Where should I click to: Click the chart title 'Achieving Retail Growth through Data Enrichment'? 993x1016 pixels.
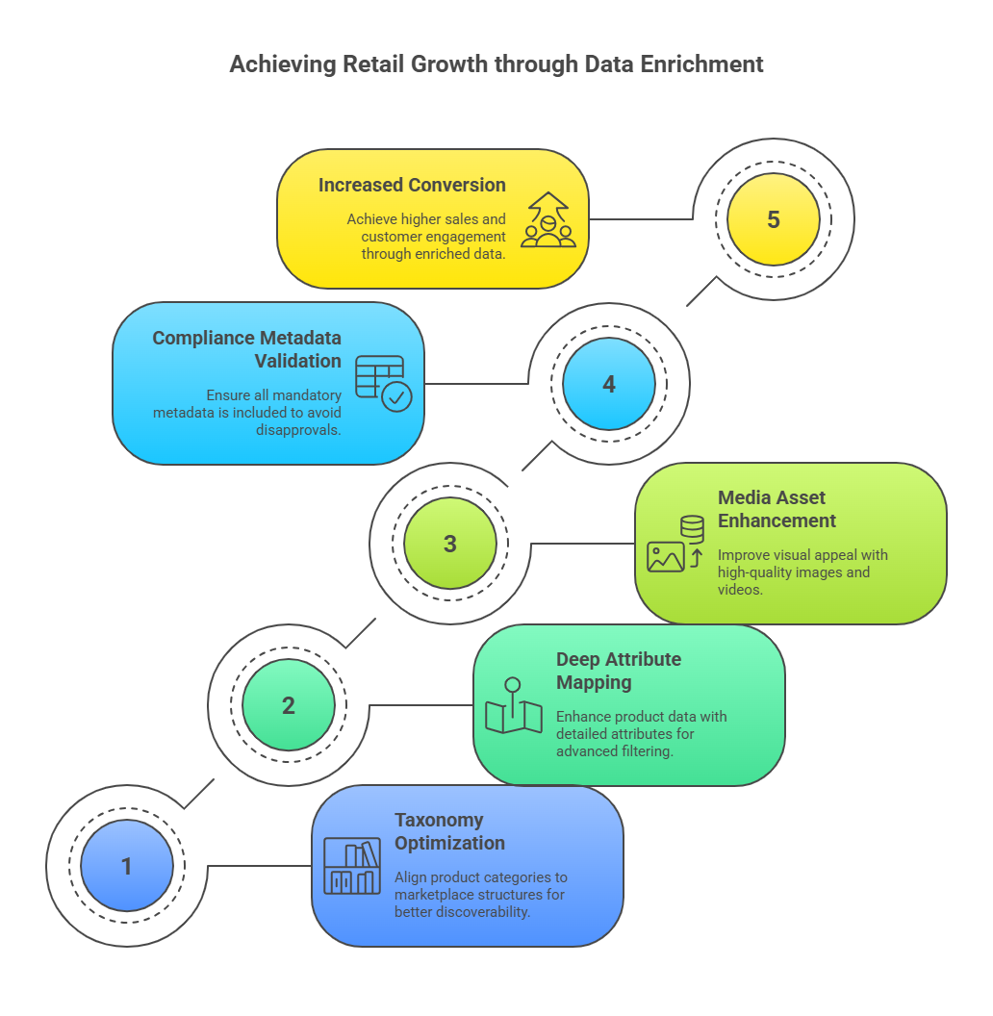click(496, 64)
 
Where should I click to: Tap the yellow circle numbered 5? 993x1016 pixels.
click(774, 219)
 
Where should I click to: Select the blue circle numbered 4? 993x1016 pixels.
click(609, 384)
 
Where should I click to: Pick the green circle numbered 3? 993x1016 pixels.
click(449, 543)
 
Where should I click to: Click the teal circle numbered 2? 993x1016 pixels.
click(289, 705)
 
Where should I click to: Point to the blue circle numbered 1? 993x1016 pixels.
click(127, 866)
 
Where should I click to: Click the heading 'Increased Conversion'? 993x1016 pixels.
click(412, 186)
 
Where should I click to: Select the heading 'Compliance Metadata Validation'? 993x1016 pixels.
click(247, 349)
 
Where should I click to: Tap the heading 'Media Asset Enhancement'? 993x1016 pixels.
click(777, 509)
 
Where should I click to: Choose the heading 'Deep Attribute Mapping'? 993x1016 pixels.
click(619, 671)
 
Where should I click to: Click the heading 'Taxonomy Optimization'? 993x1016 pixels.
click(449, 831)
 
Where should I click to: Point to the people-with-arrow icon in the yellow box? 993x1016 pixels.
click(548, 219)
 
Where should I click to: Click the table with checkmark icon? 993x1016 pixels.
click(383, 384)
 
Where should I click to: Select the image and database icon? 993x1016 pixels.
click(675, 544)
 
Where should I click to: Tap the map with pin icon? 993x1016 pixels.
click(514, 705)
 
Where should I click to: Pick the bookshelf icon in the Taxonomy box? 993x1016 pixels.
click(352, 866)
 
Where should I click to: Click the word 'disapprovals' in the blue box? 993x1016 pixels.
click(297, 430)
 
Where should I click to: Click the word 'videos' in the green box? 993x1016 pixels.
click(739, 590)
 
